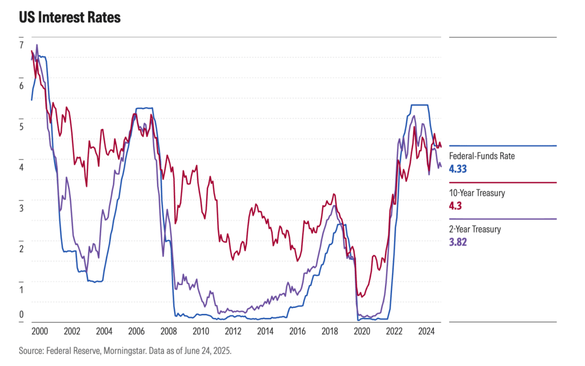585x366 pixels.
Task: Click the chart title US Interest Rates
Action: click(69, 18)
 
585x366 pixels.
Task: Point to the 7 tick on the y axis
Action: click(21, 45)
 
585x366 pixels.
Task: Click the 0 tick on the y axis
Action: click(21, 313)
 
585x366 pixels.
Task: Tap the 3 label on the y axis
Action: click(21, 208)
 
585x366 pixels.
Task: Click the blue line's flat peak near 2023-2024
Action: click(420, 105)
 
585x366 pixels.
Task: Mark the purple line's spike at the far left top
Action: click(37, 45)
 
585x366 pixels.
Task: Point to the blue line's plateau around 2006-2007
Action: click(144, 108)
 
